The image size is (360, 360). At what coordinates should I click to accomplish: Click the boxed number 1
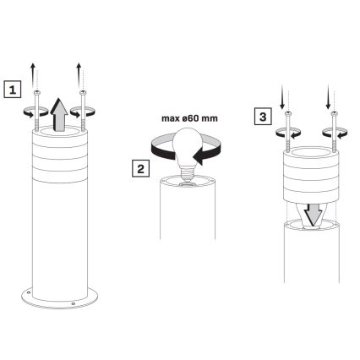pyautogui.click(x=11, y=86)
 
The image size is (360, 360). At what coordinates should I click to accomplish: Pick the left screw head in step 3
pyautogui.click(x=288, y=114)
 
